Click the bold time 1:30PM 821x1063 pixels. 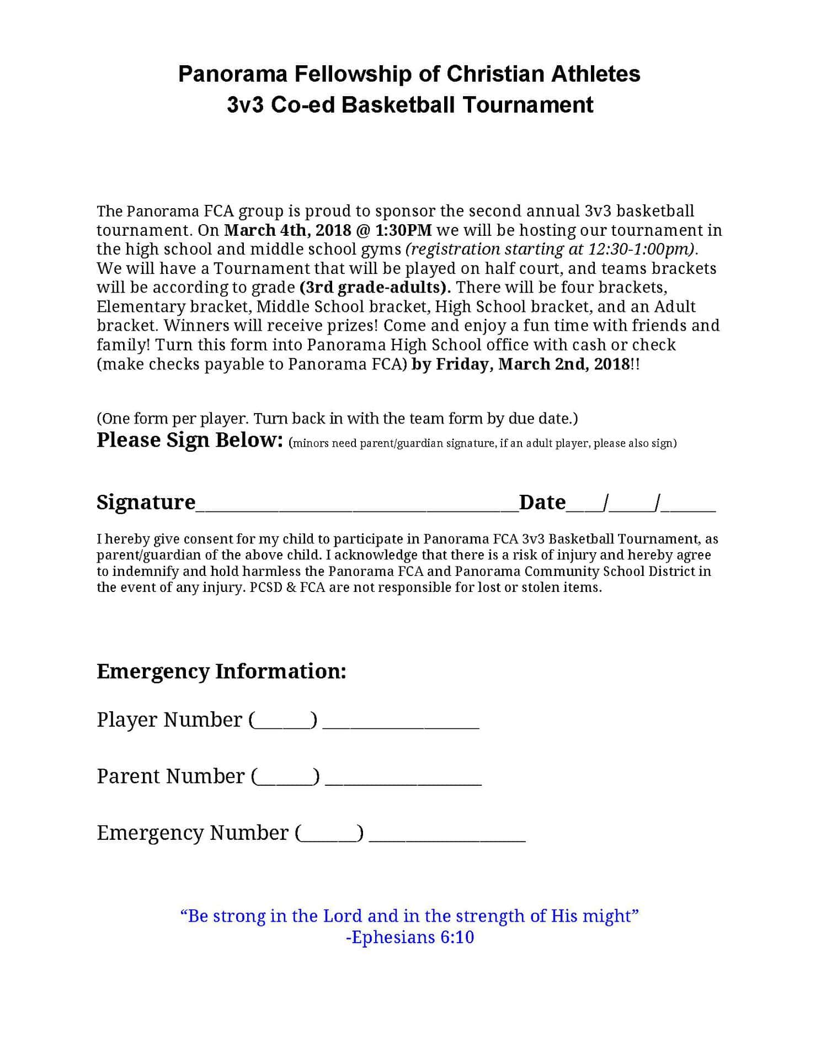[403, 230]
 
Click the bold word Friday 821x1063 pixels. [462, 364]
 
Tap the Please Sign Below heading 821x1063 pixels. [190, 440]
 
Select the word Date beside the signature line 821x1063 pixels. [542, 502]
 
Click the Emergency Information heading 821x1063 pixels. [221, 671]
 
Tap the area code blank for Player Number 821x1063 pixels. [283, 721]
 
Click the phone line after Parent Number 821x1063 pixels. [403, 779]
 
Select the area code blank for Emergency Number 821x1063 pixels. [329, 834]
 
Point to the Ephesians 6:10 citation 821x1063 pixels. [410, 937]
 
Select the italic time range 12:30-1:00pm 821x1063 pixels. [639, 249]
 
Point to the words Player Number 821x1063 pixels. [169, 720]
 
